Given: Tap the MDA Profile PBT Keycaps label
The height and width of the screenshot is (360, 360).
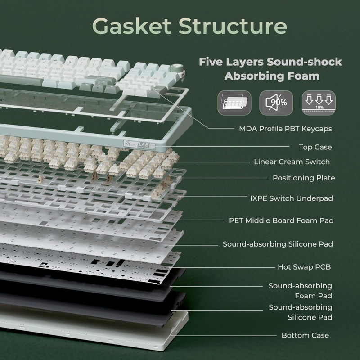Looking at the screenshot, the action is [x=285, y=129].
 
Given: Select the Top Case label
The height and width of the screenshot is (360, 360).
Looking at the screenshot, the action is [x=315, y=147].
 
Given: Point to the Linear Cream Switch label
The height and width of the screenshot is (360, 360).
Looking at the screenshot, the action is [x=292, y=162].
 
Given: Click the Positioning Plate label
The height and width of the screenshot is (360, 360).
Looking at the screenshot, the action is [x=304, y=178].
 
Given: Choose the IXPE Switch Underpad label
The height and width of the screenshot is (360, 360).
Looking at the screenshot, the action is [x=292, y=198].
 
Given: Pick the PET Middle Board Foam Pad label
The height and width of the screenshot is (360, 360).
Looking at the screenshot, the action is [x=281, y=220].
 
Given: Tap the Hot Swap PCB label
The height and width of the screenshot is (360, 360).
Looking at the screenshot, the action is [x=304, y=267].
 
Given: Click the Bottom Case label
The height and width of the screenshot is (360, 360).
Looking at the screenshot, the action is [x=305, y=335].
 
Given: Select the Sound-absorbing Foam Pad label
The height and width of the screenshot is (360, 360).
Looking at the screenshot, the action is [x=300, y=291].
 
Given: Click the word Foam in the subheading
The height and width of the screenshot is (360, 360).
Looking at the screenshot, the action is [x=301, y=76].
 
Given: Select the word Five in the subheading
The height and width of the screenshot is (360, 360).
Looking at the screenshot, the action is [x=211, y=62].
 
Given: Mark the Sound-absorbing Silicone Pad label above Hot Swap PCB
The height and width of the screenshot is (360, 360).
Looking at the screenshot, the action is [x=278, y=244].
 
